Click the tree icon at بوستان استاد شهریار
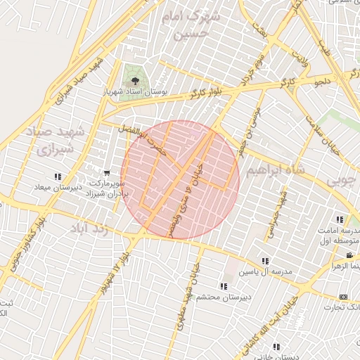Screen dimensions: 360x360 pos(132,81)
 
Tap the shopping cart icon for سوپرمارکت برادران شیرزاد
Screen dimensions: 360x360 pos(106,173)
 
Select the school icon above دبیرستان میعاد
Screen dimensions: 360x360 pos(58,176)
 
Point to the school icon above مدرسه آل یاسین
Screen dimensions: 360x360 pos(265,261)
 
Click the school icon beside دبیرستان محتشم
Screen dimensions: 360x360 pos(224,286)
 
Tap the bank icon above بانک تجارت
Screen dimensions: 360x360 pos(343,297)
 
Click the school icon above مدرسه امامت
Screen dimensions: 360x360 pos(340,219)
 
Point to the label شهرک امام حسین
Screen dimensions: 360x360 pos(191,23)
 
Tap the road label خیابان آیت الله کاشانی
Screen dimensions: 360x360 pos(294,316)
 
